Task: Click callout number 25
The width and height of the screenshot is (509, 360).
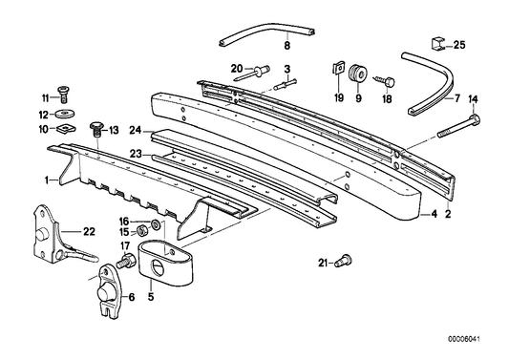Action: point(458,45)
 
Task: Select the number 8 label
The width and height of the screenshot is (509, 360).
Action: point(286,45)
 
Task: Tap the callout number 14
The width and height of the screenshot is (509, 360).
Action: point(471,99)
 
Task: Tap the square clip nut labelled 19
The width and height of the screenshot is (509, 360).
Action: point(339,69)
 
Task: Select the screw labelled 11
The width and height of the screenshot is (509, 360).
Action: point(63,93)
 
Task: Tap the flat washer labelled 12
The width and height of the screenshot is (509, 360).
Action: point(63,114)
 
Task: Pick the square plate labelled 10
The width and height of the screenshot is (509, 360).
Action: point(63,127)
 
